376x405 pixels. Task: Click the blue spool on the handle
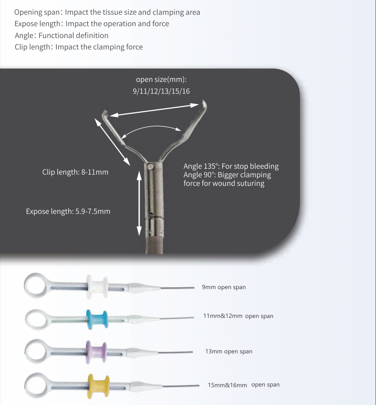(97, 319)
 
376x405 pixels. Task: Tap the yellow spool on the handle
(98, 386)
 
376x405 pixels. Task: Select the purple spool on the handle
(96, 352)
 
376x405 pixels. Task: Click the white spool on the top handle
(97, 287)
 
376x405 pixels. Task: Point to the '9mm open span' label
(223, 287)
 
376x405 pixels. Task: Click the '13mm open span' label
(229, 351)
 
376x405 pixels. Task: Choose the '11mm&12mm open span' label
(238, 316)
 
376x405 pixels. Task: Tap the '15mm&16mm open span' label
(244, 385)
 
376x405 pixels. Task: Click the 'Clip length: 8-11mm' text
(75, 172)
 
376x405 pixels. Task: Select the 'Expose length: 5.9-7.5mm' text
(68, 211)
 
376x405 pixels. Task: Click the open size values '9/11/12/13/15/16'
(161, 91)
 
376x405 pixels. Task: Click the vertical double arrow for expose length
(139, 203)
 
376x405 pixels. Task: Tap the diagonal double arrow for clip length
(112, 142)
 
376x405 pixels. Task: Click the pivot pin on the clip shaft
(150, 167)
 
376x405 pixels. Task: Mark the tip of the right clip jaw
(204, 100)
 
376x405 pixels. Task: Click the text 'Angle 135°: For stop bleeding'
(231, 166)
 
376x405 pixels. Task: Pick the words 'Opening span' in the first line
(37, 12)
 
